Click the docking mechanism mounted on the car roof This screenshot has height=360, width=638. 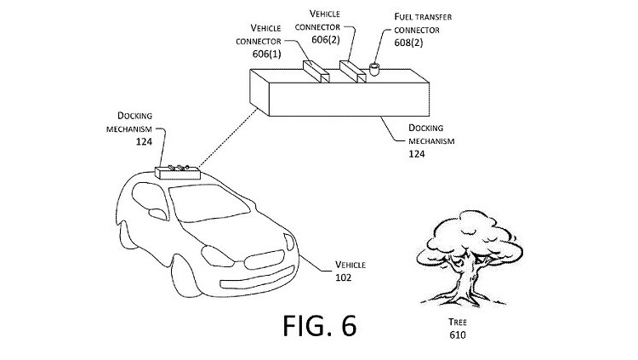(178, 171)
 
